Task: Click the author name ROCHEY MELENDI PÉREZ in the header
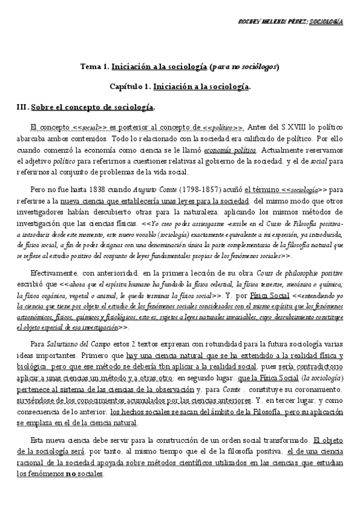(x=279, y=22)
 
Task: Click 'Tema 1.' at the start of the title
(x=94, y=66)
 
